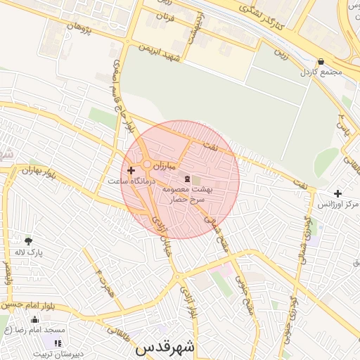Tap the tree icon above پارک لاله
click(28, 240)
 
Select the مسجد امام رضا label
click(34, 329)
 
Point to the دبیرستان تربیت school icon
click(58, 342)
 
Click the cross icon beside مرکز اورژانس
click(338, 193)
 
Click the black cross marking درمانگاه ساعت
click(131, 170)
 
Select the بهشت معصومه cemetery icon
click(187, 179)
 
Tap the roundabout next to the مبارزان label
click(147, 165)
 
